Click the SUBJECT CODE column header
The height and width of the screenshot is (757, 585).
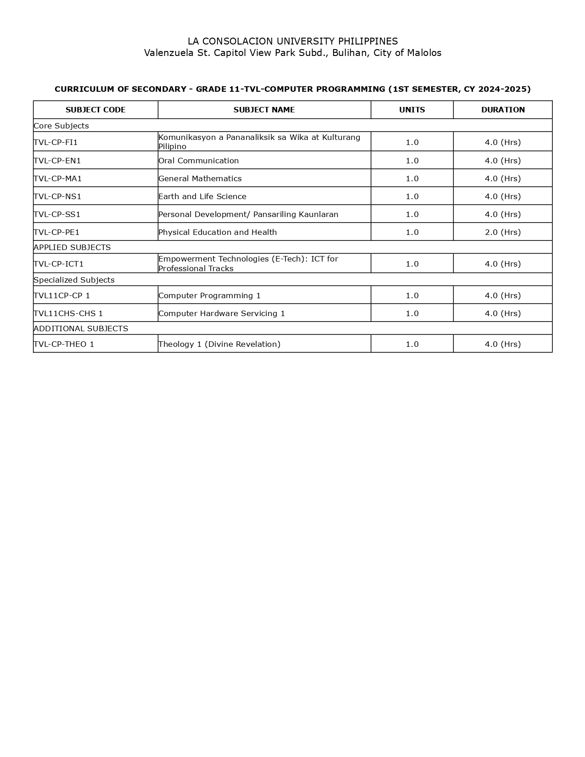pyautogui.click(x=95, y=110)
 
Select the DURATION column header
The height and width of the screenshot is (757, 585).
pyautogui.click(x=503, y=110)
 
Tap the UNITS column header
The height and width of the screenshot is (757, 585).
pyautogui.click(x=412, y=110)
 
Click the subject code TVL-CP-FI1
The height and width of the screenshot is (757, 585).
pyautogui.click(x=56, y=142)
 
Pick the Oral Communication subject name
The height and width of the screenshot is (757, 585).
pyautogui.click(x=199, y=161)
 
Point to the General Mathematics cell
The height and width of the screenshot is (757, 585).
pyautogui.click(x=200, y=178)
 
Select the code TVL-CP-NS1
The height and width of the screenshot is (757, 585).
pyautogui.click(x=57, y=196)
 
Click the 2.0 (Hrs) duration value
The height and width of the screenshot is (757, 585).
pyautogui.click(x=503, y=232)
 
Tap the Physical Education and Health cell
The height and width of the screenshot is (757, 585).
pyautogui.click(x=217, y=232)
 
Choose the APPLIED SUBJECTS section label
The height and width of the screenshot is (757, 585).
pyautogui.click(x=72, y=247)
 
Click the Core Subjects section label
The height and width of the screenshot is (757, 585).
pyautogui.click(x=61, y=126)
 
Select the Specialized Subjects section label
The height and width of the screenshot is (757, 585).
pyautogui.click(x=74, y=280)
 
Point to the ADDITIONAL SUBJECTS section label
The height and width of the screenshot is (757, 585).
pyautogui.click(x=81, y=328)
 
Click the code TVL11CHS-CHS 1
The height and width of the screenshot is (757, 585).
pyautogui.click(x=68, y=313)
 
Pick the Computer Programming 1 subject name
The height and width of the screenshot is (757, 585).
pyautogui.click(x=210, y=295)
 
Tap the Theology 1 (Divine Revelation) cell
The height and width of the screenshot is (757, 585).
pyautogui.click(x=219, y=344)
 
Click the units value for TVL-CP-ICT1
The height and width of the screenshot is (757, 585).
pyautogui.click(x=412, y=264)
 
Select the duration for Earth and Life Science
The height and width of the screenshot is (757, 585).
pyautogui.click(x=503, y=196)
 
